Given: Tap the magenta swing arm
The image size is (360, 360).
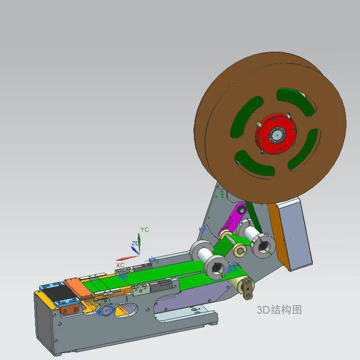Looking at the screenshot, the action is (234, 220).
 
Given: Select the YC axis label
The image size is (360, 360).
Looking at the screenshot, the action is (144, 229).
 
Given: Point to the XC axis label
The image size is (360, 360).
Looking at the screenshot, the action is (120, 265).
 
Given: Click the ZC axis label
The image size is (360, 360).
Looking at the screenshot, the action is (135, 243).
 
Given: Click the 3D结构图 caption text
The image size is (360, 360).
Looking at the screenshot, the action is (279, 310).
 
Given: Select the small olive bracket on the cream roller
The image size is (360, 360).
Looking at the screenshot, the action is (247, 289).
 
